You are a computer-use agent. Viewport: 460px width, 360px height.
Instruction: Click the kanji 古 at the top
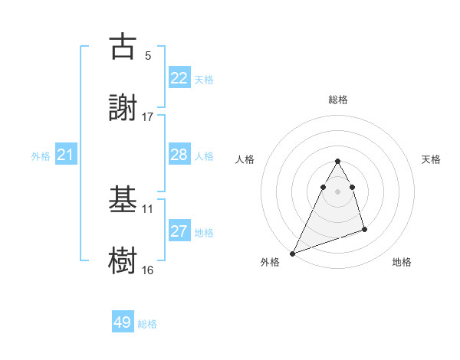123,47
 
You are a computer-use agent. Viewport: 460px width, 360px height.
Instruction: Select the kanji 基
123,201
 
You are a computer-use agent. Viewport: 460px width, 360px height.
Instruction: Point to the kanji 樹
123,259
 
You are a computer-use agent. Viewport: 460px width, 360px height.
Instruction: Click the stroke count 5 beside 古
148,56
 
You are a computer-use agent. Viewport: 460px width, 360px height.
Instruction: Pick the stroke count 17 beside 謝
148,116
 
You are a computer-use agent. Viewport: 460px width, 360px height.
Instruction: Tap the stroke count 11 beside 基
148,208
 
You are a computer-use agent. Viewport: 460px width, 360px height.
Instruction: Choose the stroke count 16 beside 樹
148,270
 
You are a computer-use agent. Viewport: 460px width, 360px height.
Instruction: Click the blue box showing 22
179,78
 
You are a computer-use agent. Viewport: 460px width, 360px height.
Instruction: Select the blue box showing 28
179,155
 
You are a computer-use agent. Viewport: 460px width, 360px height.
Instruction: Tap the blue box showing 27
179,232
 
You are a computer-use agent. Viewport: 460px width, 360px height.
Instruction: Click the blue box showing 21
66,155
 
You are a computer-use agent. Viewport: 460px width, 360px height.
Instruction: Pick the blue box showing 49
123,322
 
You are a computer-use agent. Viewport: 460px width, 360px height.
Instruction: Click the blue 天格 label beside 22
204,80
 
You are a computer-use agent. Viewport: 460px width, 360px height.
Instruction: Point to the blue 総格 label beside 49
147,324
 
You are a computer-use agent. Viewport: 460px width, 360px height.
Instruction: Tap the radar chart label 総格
338,100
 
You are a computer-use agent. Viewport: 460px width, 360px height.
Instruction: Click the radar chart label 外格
270,263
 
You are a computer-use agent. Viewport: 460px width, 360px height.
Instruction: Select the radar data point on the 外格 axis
292,253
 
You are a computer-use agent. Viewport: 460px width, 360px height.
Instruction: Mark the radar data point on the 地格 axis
364,229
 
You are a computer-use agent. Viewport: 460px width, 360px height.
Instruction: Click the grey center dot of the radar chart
338,191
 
